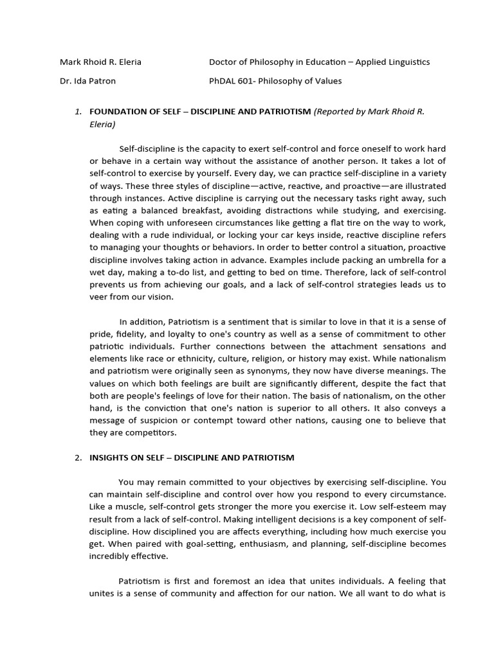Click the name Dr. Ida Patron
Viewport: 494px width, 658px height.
(x=87, y=81)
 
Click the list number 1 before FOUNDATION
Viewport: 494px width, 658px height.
(x=78, y=112)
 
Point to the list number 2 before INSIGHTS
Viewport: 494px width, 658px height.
(x=78, y=458)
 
